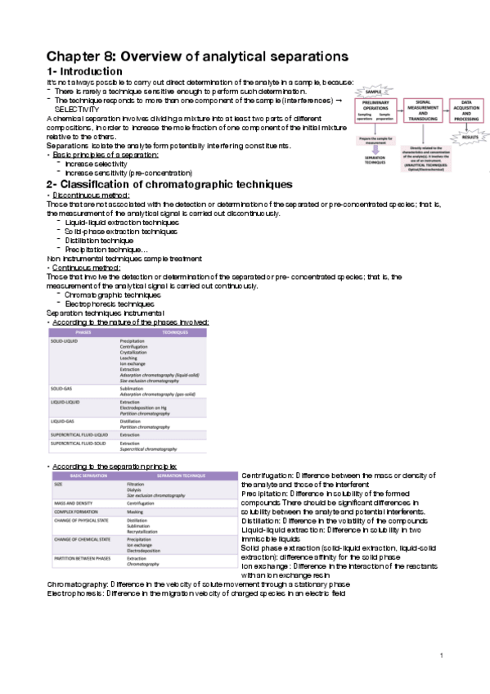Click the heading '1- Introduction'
(x=84, y=72)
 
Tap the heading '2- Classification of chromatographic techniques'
(x=169, y=184)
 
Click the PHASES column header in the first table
(x=83, y=333)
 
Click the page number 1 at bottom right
(x=440, y=656)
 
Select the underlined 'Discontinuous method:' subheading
(x=86, y=197)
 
